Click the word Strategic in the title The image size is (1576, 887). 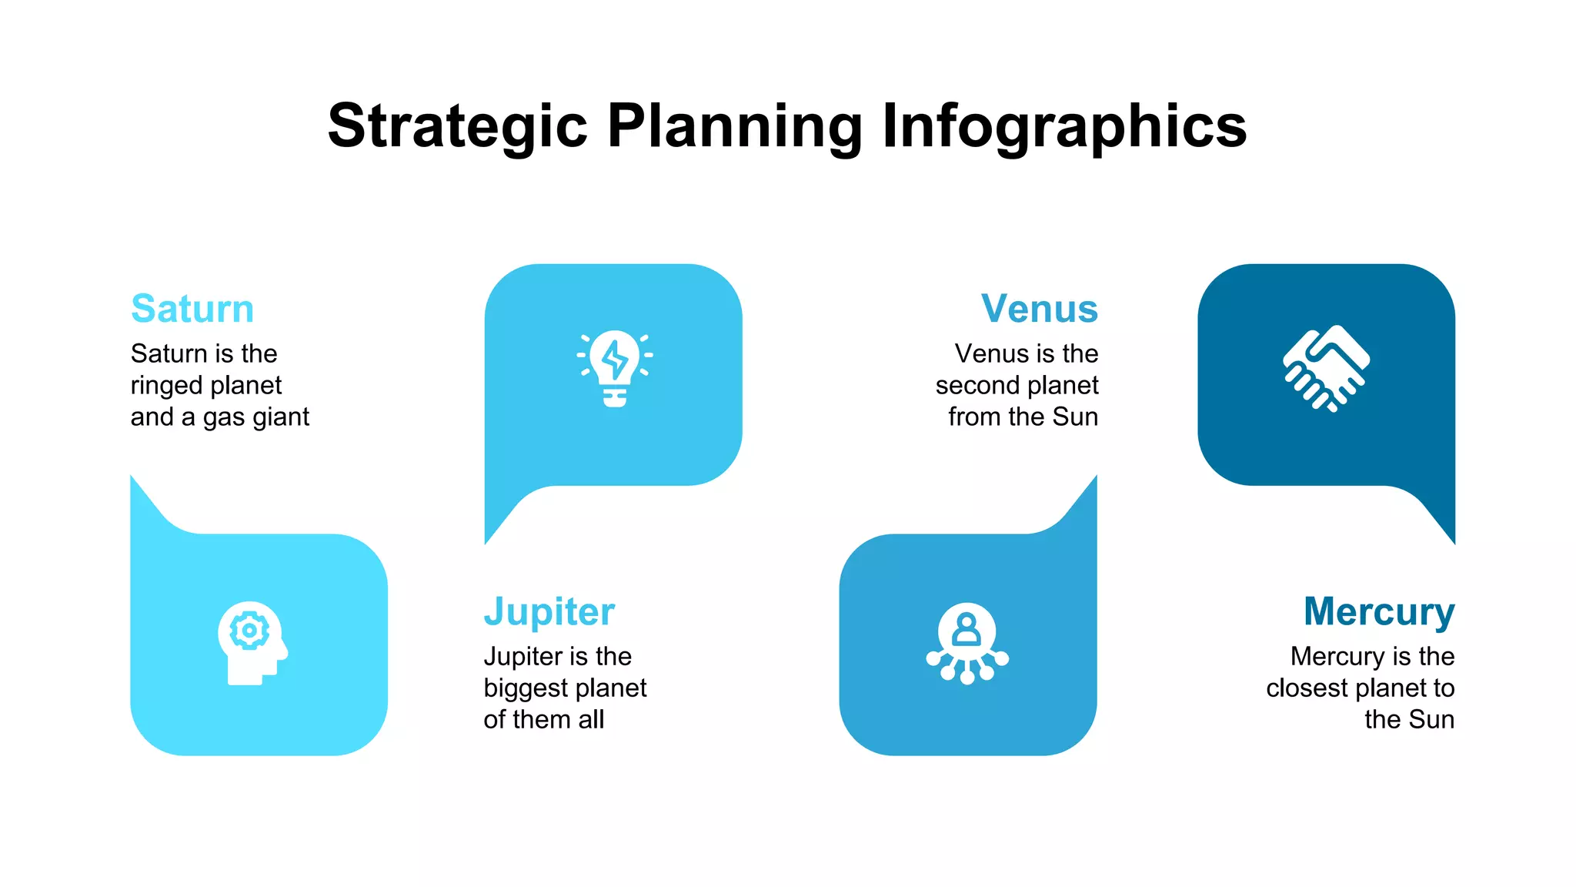tap(457, 126)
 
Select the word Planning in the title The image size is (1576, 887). tap(734, 126)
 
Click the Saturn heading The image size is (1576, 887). tap(192, 309)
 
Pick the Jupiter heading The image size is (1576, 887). tap(549, 611)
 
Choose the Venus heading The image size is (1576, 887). tap(1039, 309)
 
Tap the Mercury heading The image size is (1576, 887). tap(1378, 611)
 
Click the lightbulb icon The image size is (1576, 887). tap(614, 369)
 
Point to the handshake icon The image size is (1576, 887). tap(1326, 368)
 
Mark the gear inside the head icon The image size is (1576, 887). tap(249, 631)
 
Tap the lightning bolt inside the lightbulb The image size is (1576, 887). tap(614, 360)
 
